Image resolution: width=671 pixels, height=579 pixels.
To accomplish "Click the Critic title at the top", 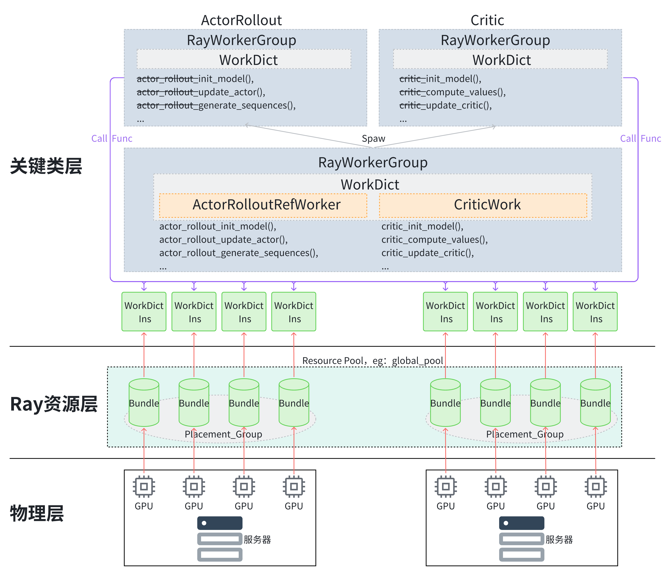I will click(x=487, y=20).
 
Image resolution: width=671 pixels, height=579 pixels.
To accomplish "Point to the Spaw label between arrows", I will click(x=373, y=139).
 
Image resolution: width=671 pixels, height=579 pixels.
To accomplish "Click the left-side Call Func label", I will click(x=112, y=139).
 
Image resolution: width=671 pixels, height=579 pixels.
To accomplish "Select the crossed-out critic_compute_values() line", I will click(x=452, y=92).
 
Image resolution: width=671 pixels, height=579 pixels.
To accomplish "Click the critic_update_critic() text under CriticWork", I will click(x=428, y=253).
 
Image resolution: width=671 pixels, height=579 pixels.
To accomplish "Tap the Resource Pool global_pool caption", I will click(x=372, y=361).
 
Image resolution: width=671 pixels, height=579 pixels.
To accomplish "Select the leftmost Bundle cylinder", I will click(x=144, y=403).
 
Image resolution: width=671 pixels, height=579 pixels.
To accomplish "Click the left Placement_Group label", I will click(x=223, y=434).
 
